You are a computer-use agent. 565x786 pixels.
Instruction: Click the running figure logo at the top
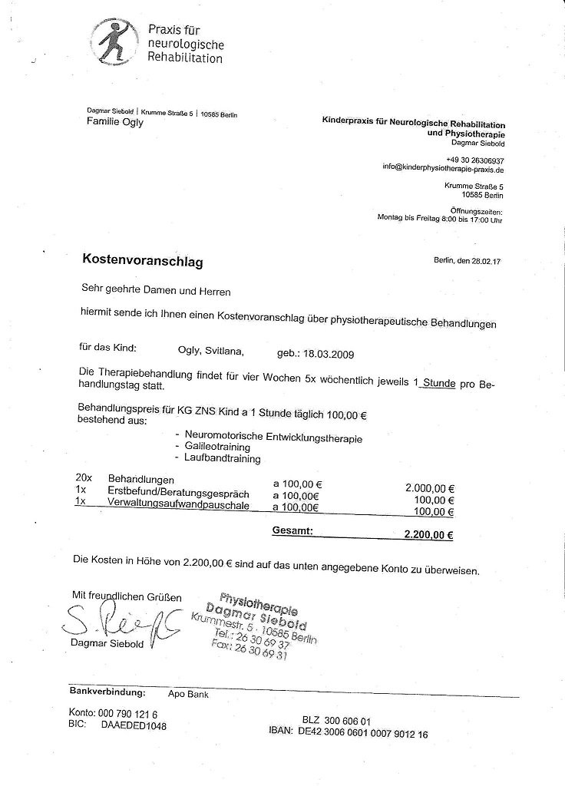117,43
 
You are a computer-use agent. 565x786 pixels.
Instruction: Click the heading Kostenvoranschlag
142,262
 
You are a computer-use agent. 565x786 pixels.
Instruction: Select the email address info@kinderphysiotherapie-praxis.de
443,169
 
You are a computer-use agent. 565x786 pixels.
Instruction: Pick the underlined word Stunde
438,383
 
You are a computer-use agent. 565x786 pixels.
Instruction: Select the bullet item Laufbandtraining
223,458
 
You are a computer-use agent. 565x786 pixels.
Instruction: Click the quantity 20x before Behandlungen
84,478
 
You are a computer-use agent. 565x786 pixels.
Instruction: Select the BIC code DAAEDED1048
133,725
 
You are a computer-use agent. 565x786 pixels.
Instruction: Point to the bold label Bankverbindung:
107,692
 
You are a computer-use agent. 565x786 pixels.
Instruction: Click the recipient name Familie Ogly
115,122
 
